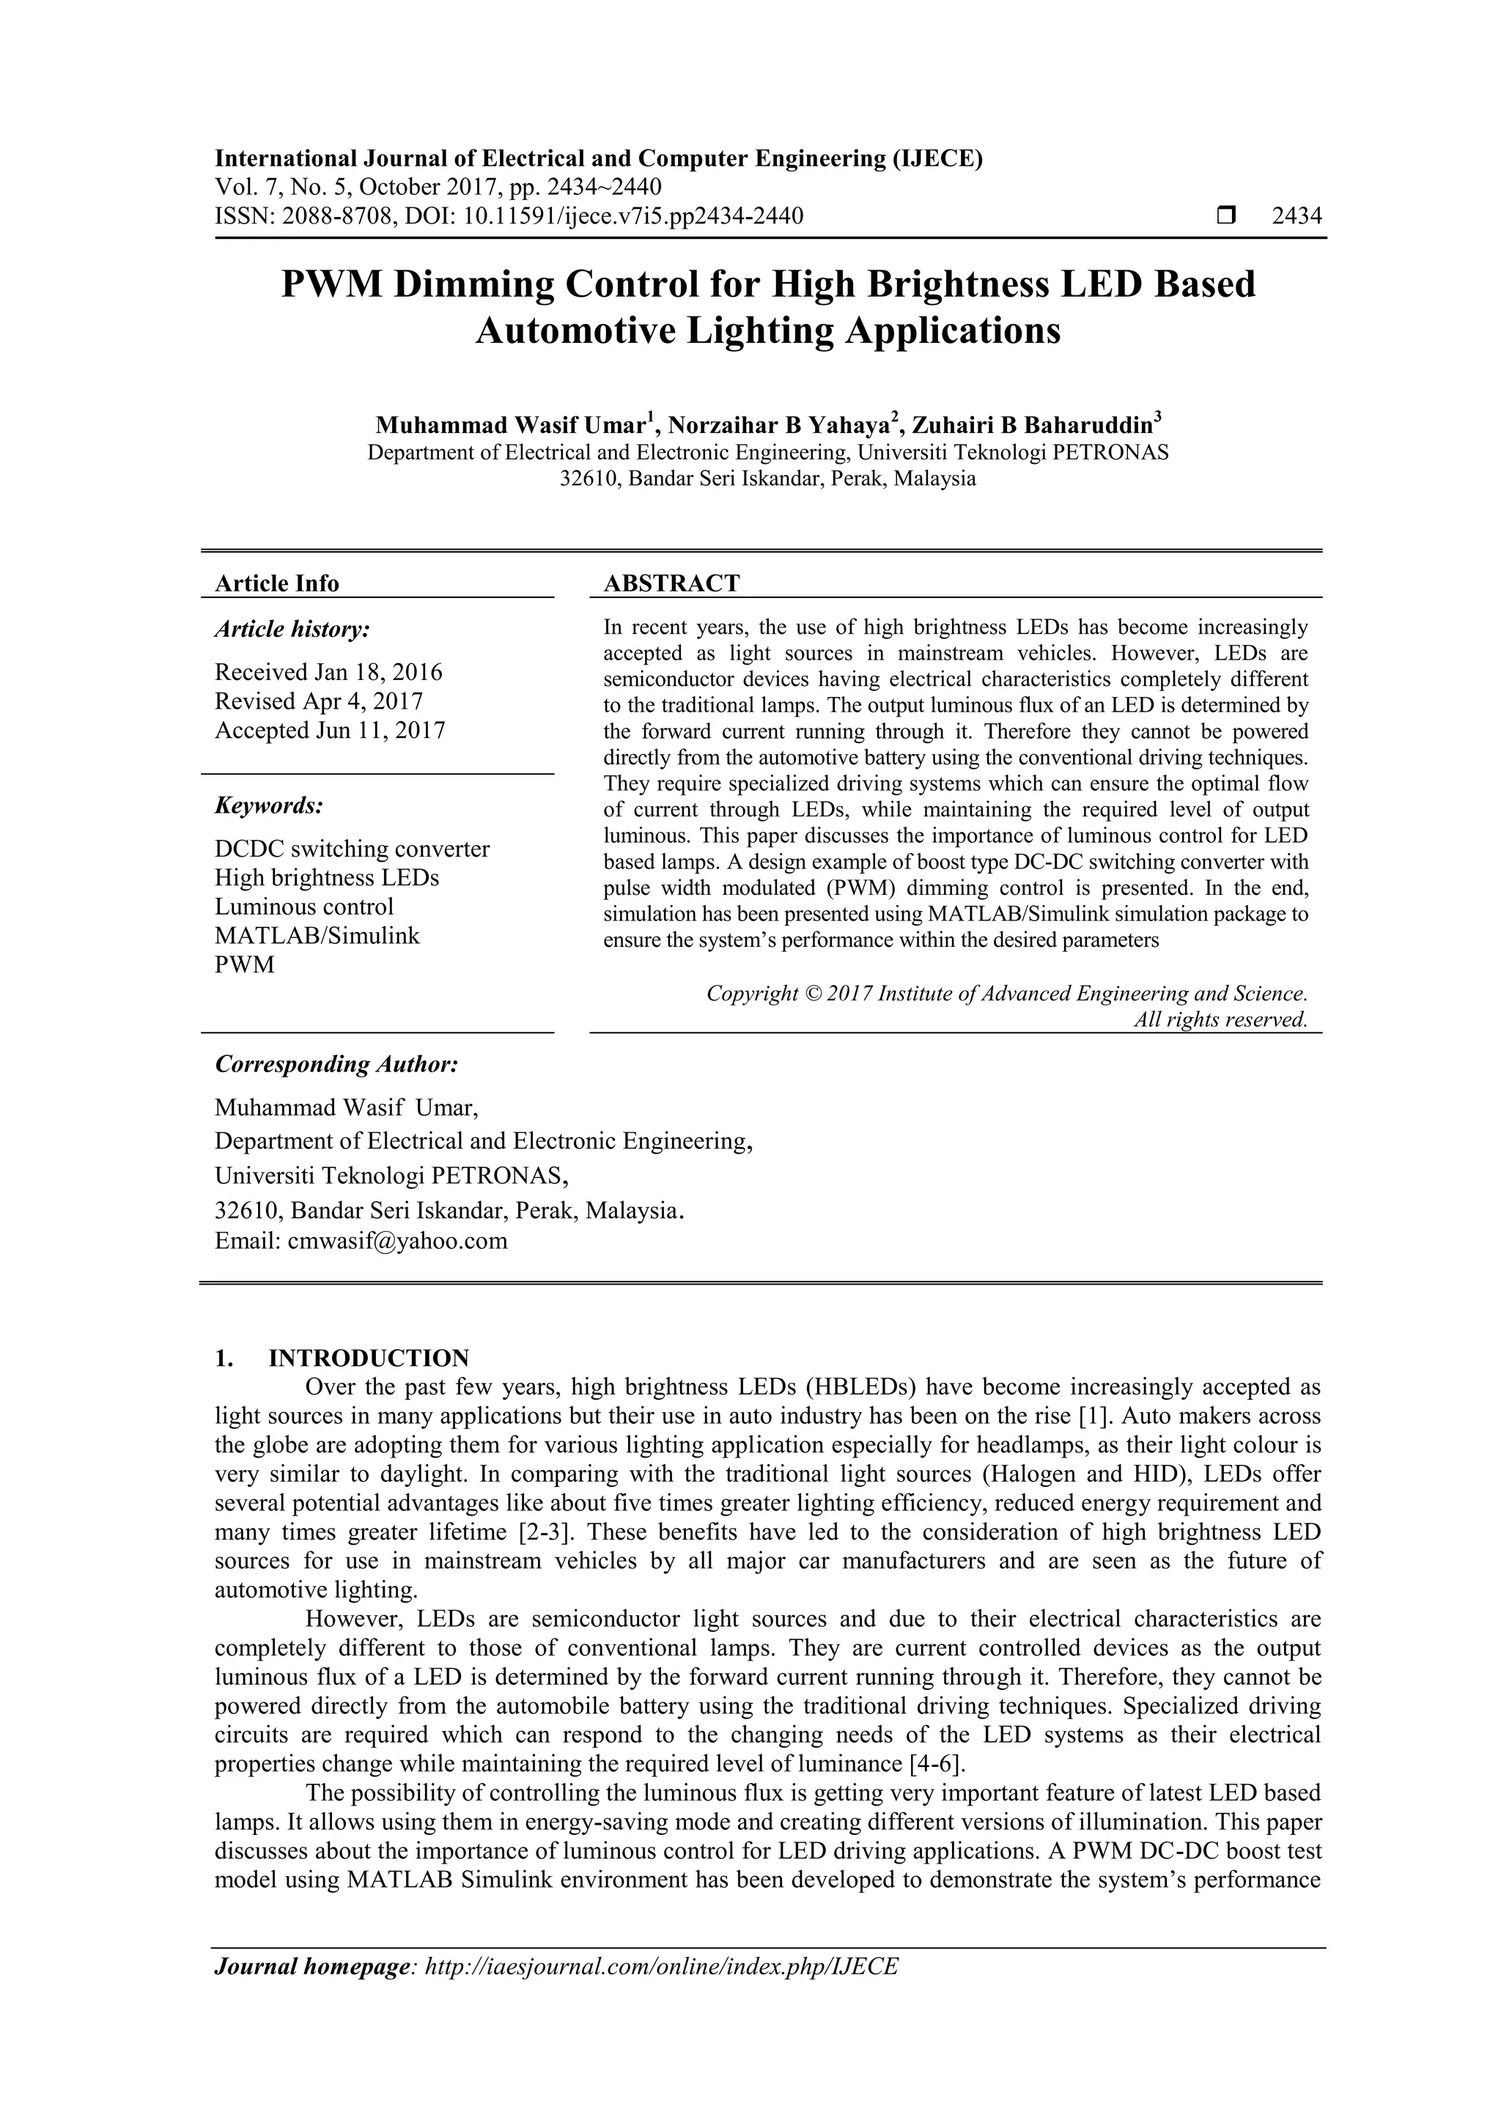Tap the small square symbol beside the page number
click(x=1226, y=216)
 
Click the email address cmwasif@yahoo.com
click(x=398, y=1241)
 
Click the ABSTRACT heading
click(x=671, y=583)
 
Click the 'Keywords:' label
click(x=269, y=805)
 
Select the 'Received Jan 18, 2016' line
click(x=328, y=671)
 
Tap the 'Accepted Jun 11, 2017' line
click(x=330, y=731)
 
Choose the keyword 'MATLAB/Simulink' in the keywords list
click(x=317, y=936)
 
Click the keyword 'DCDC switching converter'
click(x=353, y=849)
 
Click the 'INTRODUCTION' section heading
click(x=368, y=1359)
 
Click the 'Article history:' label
click(x=292, y=629)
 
